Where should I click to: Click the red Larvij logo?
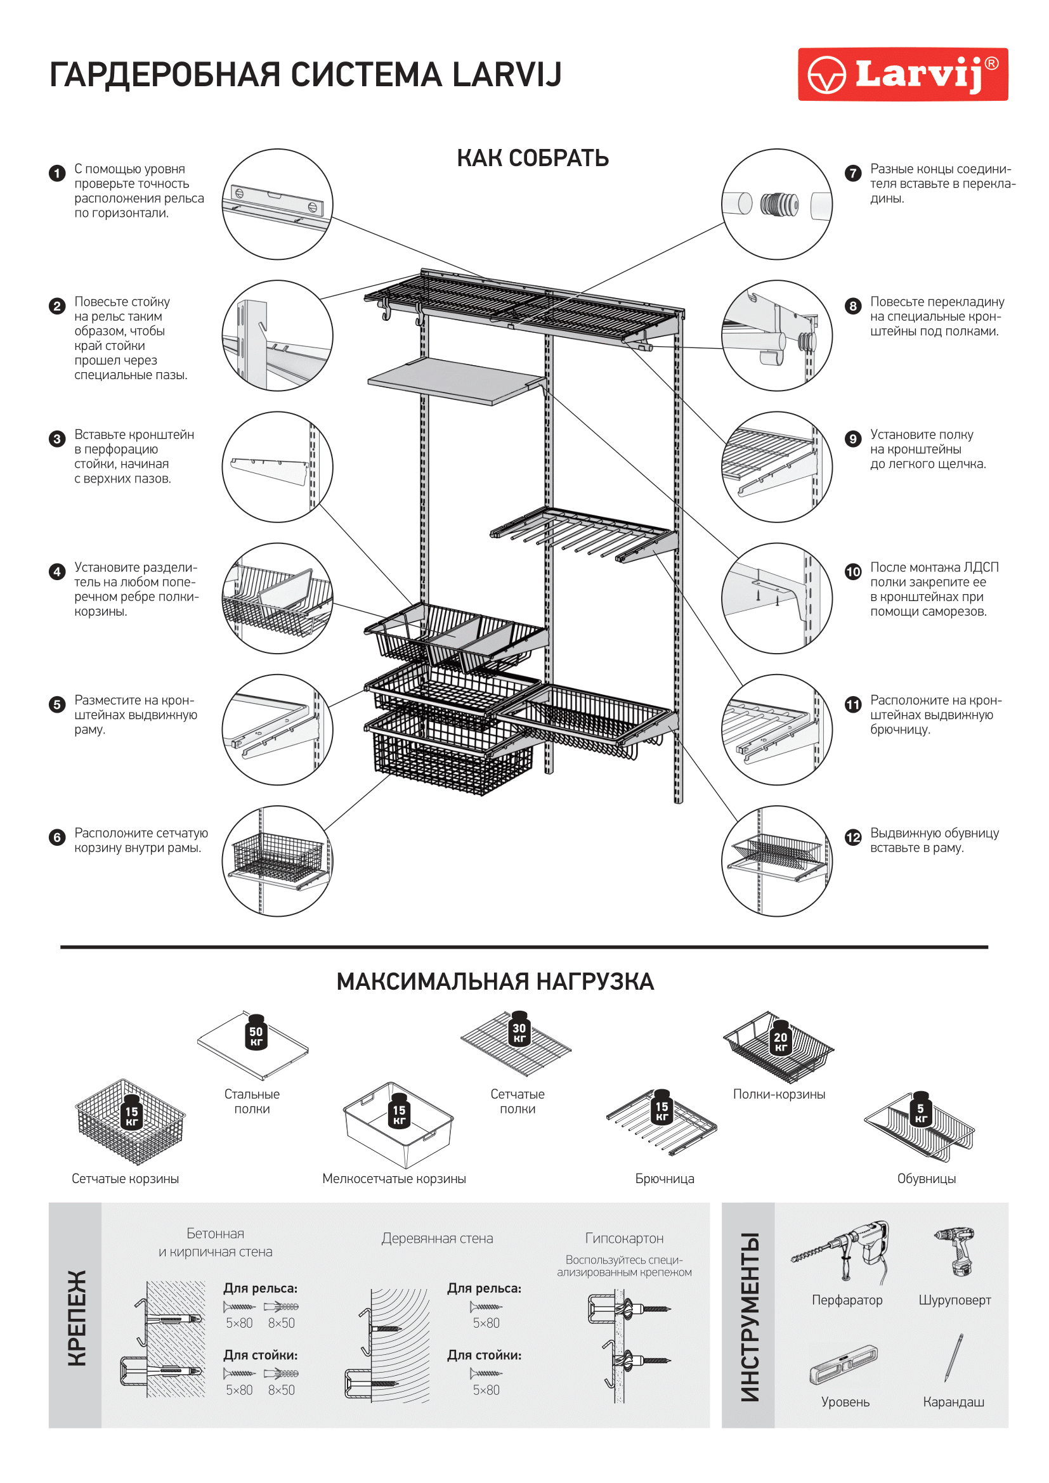tap(902, 74)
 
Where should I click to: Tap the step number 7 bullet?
tap(852, 172)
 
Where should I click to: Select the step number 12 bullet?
tap(852, 837)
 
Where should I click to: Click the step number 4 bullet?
tap(57, 571)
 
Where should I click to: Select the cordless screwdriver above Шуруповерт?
tap(955, 1251)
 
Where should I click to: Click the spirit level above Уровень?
tap(844, 1364)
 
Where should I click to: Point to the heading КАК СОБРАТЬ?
tap(533, 159)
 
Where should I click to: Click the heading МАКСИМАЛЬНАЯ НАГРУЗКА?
tap(495, 981)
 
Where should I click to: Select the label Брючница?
tap(664, 1179)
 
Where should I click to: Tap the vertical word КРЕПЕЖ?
tap(77, 1318)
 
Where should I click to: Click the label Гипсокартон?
tap(624, 1238)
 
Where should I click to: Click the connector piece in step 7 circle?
tap(779, 205)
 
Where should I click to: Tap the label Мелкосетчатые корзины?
tap(394, 1179)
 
